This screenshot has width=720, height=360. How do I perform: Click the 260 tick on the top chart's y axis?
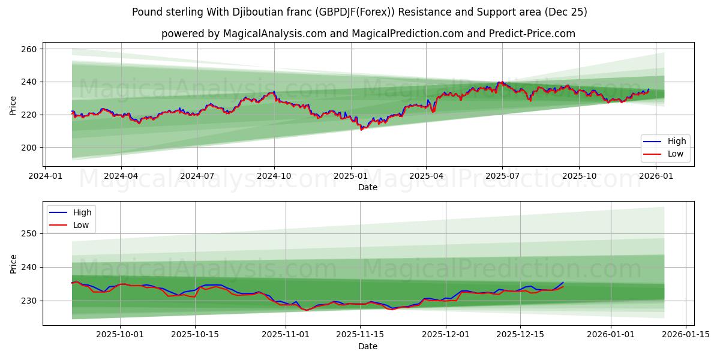tap(29, 49)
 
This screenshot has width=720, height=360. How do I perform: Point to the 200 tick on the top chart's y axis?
tap(29, 148)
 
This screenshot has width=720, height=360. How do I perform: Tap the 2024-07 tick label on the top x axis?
tap(197, 176)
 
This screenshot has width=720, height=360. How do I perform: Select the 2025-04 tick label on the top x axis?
tap(426, 176)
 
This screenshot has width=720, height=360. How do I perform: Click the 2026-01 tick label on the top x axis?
tap(655, 176)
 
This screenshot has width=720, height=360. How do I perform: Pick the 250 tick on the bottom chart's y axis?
tap(29, 233)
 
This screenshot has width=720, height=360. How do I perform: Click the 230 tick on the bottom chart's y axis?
tap(29, 301)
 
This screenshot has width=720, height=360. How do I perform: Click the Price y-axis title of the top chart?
tap(13, 106)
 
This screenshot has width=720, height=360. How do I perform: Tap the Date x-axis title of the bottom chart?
tap(368, 346)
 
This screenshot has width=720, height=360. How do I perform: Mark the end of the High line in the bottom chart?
tap(563, 282)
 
